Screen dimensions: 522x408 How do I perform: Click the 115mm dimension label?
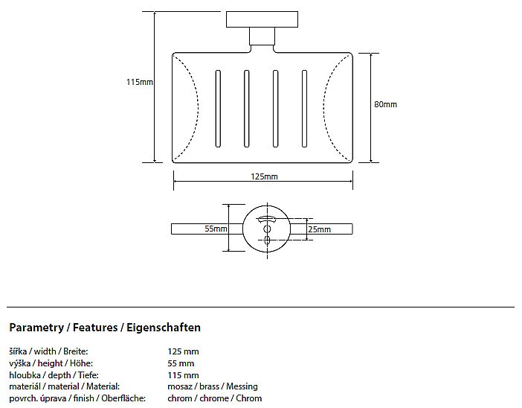(x=140, y=82)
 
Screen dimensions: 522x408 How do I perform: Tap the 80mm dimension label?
(x=385, y=104)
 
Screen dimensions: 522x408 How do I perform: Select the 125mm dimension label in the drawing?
(x=264, y=176)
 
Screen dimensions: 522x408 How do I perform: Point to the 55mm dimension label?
(x=216, y=229)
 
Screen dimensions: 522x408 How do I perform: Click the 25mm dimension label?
(x=319, y=229)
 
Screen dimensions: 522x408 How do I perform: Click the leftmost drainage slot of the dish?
(x=218, y=109)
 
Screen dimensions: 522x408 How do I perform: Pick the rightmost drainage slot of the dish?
(x=304, y=109)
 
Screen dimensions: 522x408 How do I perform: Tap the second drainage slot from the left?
(x=246, y=109)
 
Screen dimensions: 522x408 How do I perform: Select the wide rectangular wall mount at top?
(x=262, y=19)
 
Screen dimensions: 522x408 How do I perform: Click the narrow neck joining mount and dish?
(x=262, y=36)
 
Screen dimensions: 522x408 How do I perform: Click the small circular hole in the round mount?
(x=267, y=229)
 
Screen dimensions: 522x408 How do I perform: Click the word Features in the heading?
(x=95, y=328)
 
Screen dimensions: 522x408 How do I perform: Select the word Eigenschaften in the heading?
(x=164, y=328)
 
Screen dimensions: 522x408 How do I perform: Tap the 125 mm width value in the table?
(x=183, y=351)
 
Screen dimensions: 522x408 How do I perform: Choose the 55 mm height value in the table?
(x=181, y=363)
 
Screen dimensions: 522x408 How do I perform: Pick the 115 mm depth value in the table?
(x=183, y=375)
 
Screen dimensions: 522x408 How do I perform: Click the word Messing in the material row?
(x=242, y=386)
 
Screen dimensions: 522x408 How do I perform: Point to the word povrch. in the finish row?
(x=22, y=398)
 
